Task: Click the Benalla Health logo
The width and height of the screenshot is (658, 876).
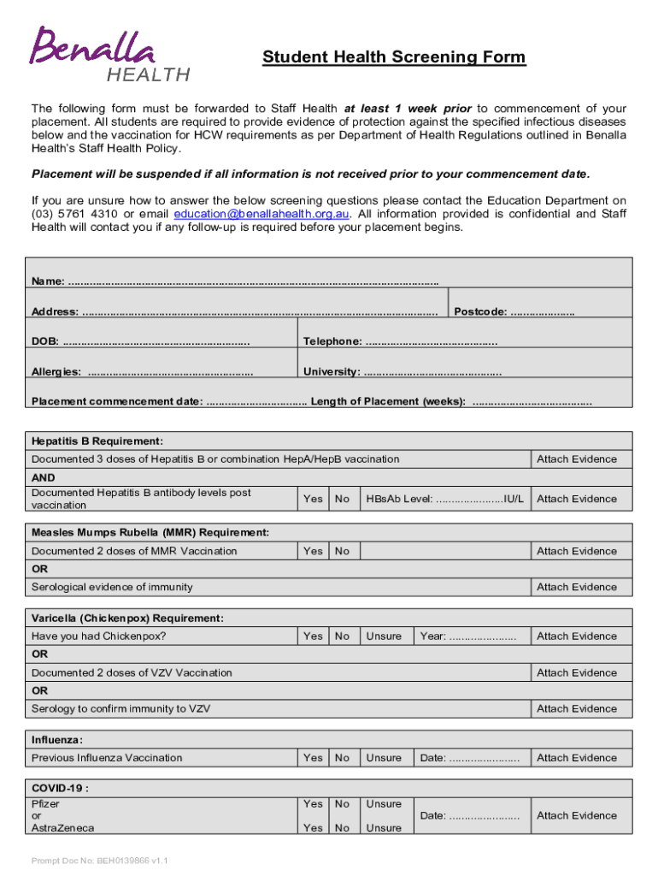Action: click(110, 53)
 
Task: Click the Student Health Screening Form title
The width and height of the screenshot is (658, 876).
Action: click(394, 57)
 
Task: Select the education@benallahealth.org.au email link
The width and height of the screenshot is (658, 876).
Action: click(261, 214)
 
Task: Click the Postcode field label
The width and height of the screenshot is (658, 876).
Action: click(480, 311)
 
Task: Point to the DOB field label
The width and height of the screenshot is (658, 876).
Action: click(45, 342)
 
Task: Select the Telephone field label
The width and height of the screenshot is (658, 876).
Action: click(332, 342)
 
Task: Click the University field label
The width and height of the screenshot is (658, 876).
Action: click(331, 372)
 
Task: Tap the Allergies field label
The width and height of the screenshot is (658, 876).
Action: click(56, 372)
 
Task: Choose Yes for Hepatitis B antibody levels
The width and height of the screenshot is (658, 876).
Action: click(313, 499)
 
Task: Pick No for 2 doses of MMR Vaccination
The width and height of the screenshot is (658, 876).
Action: click(342, 551)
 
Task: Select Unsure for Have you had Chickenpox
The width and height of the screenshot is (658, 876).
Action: click(384, 636)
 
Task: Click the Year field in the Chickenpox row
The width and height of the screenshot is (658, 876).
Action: click(467, 636)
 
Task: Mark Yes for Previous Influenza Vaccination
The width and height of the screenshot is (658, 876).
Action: click(313, 757)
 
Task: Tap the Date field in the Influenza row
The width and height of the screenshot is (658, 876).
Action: click(469, 757)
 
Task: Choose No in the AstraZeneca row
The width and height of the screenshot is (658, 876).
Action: click(342, 827)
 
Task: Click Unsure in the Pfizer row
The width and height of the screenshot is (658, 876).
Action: click(384, 803)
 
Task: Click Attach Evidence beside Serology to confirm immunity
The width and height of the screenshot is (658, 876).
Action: click(576, 708)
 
